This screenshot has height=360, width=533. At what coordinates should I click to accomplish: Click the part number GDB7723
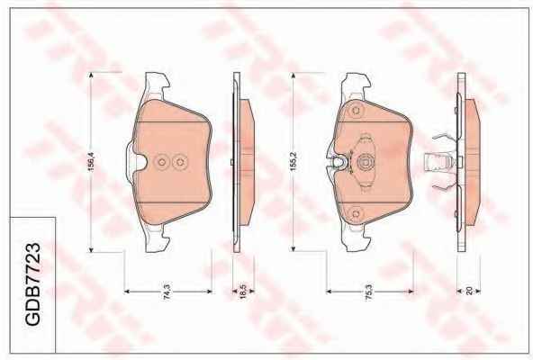point(32,284)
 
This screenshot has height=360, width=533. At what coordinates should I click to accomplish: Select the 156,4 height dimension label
point(91,162)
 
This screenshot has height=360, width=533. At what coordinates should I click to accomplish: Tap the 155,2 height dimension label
point(294,161)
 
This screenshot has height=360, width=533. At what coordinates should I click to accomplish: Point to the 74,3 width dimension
point(167,292)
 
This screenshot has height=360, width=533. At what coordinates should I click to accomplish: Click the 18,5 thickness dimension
point(243,292)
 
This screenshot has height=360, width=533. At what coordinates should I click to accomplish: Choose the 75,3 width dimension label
point(369,292)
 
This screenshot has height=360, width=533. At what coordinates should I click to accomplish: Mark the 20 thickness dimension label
point(469,291)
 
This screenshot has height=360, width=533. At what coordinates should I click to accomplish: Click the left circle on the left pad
point(162,162)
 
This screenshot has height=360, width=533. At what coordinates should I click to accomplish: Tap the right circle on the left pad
point(180,162)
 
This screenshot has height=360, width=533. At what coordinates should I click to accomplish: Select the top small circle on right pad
point(357,111)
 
